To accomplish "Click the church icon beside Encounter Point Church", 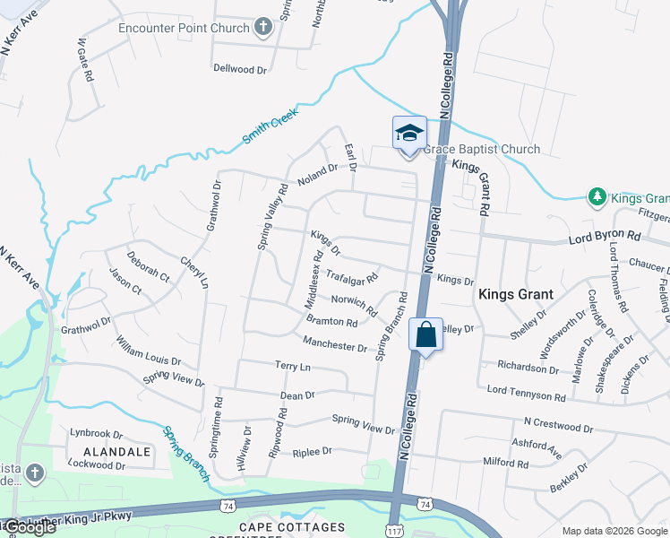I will point(263,26).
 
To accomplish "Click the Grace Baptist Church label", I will point(482,150).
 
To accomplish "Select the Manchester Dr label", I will point(334,344).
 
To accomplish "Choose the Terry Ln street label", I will point(292,367).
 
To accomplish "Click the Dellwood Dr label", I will point(240,68).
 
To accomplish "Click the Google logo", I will point(29,527).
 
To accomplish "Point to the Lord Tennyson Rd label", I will point(526,393).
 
